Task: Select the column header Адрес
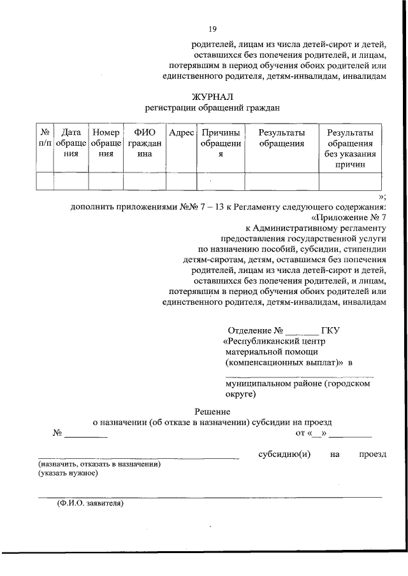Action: point(182,133)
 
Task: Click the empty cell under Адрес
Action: point(182,181)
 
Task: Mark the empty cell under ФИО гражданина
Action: point(145,181)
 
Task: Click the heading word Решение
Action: point(212,411)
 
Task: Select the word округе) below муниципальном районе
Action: point(240,394)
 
